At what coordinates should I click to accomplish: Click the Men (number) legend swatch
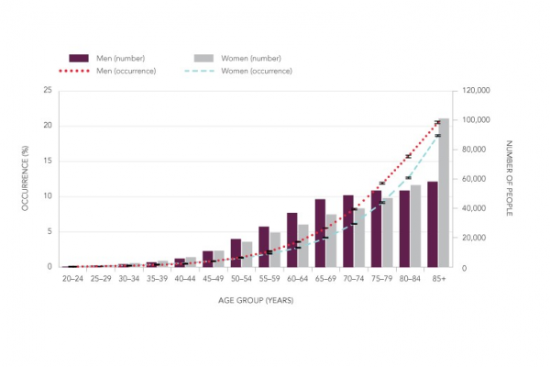(x=77, y=57)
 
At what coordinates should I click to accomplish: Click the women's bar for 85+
(x=444, y=193)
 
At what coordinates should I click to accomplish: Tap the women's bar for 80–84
(x=415, y=226)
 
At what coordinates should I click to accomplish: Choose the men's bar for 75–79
(x=376, y=228)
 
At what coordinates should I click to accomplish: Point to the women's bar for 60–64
(x=302, y=246)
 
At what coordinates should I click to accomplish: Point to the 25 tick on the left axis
(x=49, y=91)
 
